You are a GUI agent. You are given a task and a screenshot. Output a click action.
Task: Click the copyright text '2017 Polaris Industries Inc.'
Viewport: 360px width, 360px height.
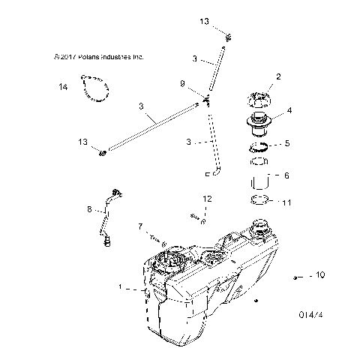pos(99,57)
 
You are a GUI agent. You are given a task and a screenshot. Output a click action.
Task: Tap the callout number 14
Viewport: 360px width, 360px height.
pos(63,87)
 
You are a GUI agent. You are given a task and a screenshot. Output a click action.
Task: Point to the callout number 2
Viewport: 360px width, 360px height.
pos(278,76)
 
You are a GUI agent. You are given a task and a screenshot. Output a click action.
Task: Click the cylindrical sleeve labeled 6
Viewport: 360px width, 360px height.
pos(259,183)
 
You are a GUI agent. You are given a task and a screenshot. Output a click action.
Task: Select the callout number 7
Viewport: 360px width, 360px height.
pos(139,226)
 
